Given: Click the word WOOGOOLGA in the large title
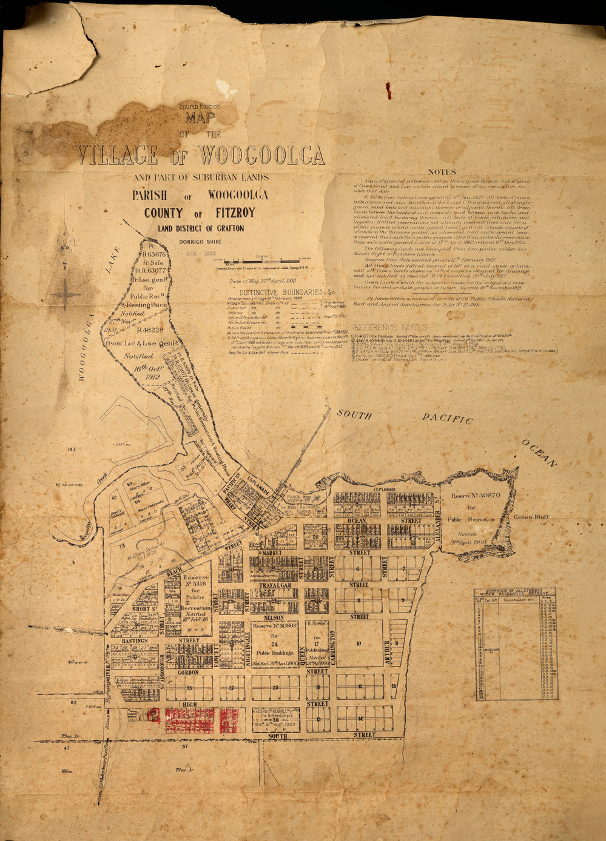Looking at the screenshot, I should coord(262,156).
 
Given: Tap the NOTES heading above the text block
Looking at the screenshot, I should coord(446,172).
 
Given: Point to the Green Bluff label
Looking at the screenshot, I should coord(531,517).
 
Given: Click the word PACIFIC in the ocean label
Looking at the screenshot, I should coord(447,419).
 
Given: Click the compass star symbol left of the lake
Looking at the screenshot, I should coord(66,295).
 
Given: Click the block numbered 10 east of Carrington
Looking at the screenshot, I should coord(359,643).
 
